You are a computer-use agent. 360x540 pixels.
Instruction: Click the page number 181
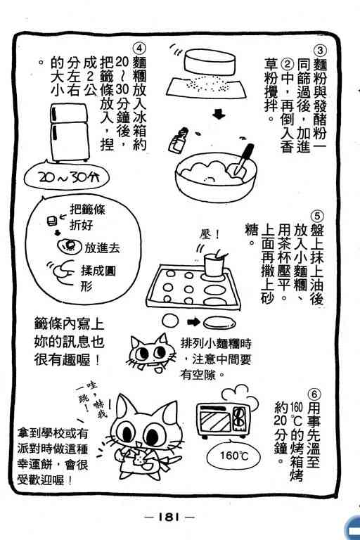[169, 517]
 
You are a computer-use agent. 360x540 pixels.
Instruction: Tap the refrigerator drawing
[69, 132]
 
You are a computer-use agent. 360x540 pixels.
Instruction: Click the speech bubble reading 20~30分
[67, 177]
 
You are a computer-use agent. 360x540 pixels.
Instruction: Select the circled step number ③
[320, 51]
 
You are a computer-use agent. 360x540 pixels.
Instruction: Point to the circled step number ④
[139, 49]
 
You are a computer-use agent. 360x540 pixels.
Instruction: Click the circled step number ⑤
[317, 217]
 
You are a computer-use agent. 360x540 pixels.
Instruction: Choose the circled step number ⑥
[314, 394]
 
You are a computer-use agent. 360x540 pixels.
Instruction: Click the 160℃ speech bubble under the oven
[233, 456]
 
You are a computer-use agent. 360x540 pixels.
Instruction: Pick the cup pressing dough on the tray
[214, 264]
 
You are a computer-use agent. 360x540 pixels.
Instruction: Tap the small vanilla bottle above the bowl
[179, 139]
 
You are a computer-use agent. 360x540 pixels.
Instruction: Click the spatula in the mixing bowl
[242, 160]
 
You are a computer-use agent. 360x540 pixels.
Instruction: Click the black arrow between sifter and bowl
[219, 114]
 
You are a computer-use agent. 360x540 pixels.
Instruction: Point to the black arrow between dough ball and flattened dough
[193, 322]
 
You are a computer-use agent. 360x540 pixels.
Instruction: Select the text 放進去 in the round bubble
[102, 248]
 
